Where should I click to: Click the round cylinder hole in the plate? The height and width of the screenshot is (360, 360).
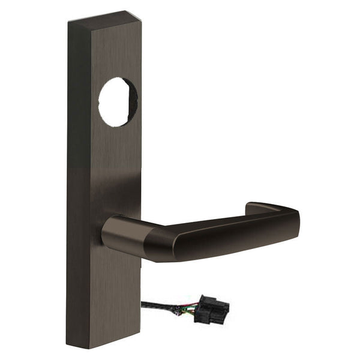pos(118,102)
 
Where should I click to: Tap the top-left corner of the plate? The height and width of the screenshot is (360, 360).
pos(68,22)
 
